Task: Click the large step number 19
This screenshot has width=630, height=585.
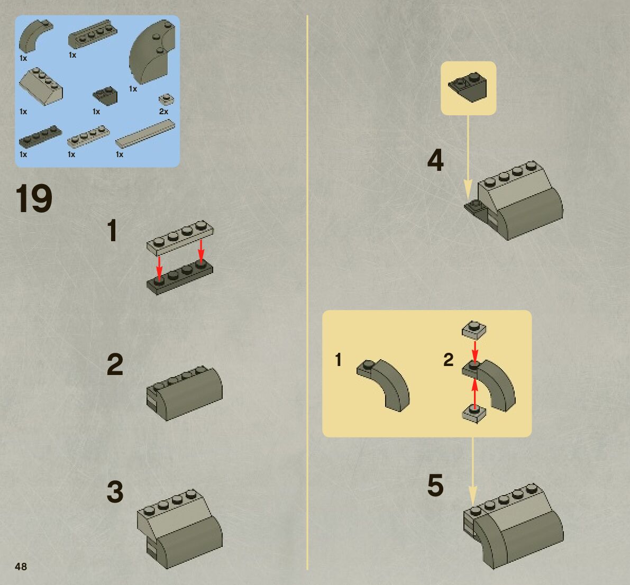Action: click(x=34, y=198)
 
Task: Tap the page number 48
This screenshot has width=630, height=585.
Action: click(x=21, y=566)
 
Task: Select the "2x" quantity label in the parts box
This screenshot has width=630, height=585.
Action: click(x=163, y=111)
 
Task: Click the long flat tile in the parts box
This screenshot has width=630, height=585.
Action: click(x=145, y=134)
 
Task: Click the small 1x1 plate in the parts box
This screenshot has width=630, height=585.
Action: click(x=166, y=99)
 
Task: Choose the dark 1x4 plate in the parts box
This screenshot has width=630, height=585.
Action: click(x=40, y=136)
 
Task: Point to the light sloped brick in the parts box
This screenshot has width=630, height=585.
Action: click(x=41, y=86)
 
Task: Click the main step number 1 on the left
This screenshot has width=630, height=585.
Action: click(x=113, y=230)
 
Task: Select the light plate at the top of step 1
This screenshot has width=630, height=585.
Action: click(x=180, y=237)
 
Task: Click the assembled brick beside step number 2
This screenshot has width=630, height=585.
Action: click(x=185, y=393)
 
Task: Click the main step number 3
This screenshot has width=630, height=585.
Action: click(x=115, y=491)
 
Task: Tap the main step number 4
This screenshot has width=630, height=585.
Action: click(x=435, y=160)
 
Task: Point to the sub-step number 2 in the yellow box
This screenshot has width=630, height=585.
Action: click(x=449, y=360)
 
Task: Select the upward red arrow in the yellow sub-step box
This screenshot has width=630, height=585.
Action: click(x=475, y=394)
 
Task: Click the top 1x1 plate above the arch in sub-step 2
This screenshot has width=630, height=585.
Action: click(x=474, y=330)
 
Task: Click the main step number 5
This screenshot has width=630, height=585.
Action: click(x=435, y=486)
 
